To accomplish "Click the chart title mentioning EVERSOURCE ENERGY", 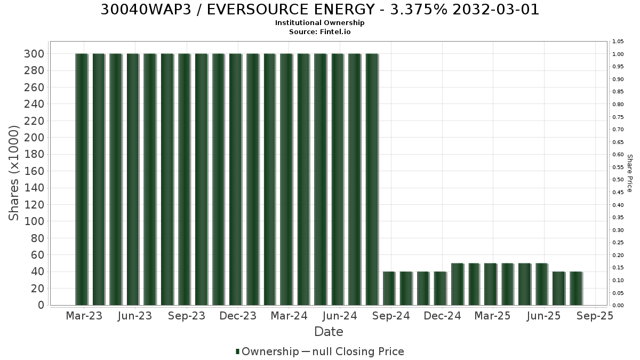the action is click(x=319, y=10).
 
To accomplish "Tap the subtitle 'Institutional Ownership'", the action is click(x=319, y=23).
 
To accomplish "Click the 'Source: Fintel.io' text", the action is click(x=319, y=31).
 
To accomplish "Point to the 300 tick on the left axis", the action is click(x=34, y=54).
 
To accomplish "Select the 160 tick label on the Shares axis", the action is click(x=34, y=171).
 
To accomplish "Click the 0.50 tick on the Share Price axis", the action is click(x=618, y=180).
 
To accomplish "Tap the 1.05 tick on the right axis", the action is click(x=618, y=42).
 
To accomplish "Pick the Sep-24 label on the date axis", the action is click(x=391, y=316).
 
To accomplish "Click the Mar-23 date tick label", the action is click(x=84, y=316).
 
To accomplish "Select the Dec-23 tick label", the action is click(x=238, y=316).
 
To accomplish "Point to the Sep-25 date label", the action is click(x=595, y=316).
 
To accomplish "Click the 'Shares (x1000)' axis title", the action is click(x=13, y=173).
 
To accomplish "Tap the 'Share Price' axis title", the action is click(x=629, y=173).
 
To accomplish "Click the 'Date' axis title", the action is click(x=329, y=332).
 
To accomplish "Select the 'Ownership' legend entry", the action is click(x=267, y=351).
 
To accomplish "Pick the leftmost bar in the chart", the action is click(x=82, y=179).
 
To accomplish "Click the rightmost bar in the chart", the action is click(x=577, y=289).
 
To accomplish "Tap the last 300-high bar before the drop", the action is click(x=372, y=179).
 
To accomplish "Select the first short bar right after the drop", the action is click(x=389, y=289).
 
